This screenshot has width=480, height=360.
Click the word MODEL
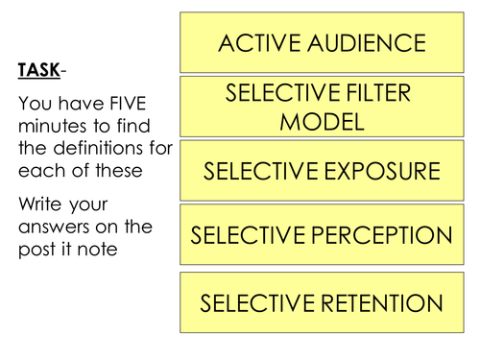tap(322, 122)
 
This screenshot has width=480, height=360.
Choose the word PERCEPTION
tap(384, 235)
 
